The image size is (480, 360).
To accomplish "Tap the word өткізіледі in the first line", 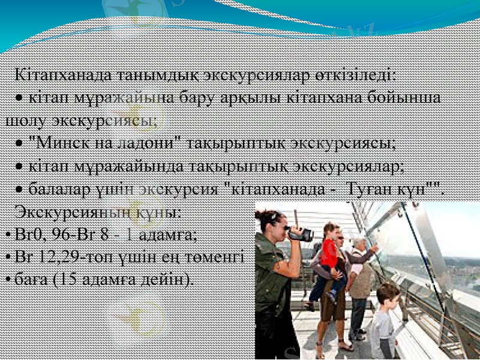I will pos(354,76).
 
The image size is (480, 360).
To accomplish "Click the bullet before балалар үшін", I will pos(20,191).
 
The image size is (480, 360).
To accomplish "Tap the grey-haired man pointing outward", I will pos(360,270).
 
